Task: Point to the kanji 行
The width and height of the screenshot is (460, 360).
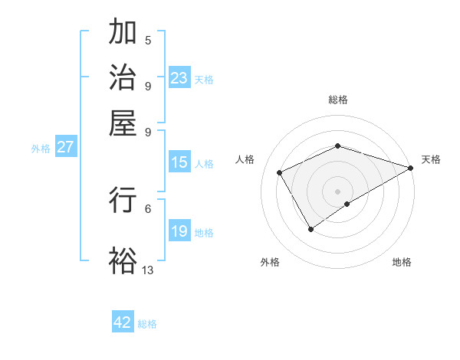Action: coord(123,199)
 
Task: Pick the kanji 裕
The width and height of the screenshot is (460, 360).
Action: coord(123,260)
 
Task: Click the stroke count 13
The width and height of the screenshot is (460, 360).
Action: coord(148,270)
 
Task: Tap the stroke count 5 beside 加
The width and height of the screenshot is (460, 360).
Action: coord(148,41)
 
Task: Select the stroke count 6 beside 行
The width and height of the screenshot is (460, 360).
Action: coord(148,208)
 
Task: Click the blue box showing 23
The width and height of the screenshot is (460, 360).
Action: coord(179,78)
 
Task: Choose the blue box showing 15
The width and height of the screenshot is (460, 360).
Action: coord(179,162)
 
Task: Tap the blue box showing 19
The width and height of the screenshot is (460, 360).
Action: coord(179,231)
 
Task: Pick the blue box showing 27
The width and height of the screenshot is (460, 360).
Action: coord(65,147)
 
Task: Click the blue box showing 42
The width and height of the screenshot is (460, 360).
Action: coord(123,322)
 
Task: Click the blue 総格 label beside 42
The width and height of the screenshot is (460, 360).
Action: coord(148,324)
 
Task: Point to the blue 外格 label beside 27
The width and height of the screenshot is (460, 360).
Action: coord(41,149)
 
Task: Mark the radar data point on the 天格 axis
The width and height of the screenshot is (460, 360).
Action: coord(411,168)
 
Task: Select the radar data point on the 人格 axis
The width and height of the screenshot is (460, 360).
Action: coord(280,172)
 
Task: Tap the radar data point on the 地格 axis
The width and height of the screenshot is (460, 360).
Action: coord(347,204)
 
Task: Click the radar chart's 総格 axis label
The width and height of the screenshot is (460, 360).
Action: coord(338,100)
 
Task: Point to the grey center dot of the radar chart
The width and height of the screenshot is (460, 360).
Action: coord(338,191)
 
